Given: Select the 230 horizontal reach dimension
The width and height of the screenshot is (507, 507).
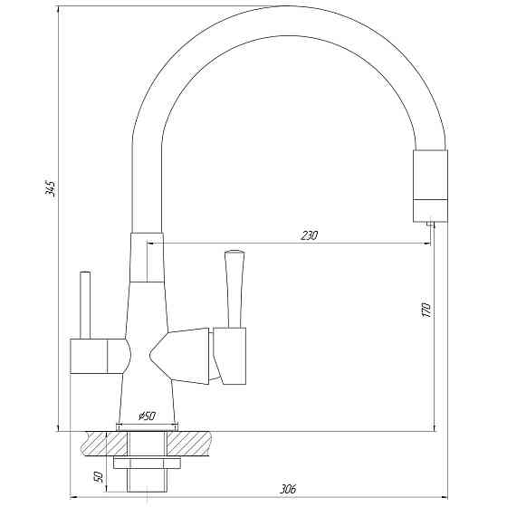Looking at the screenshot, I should [x=309, y=235].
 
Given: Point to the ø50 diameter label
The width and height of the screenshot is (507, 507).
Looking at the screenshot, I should [x=147, y=416].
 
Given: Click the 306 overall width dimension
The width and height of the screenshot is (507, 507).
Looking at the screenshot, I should [x=288, y=489].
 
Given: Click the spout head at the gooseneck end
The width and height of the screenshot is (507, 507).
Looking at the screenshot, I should [x=430, y=186].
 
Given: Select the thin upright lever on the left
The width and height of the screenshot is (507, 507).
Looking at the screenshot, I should [x=86, y=303].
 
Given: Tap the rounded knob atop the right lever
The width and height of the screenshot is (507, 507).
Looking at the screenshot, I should [x=234, y=253].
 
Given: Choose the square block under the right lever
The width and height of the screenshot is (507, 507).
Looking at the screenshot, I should [x=231, y=356].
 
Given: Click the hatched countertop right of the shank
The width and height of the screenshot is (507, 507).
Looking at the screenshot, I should [x=196, y=443].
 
